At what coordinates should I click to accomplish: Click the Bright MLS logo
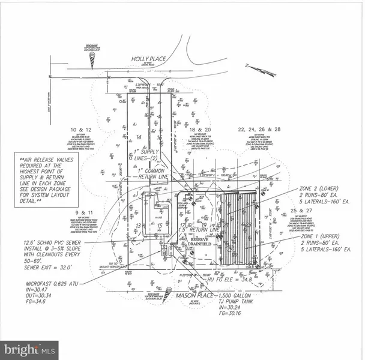coord(30,348)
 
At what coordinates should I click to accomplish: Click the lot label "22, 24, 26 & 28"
coord(259,130)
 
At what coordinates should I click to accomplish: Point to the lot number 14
coord(138,137)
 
